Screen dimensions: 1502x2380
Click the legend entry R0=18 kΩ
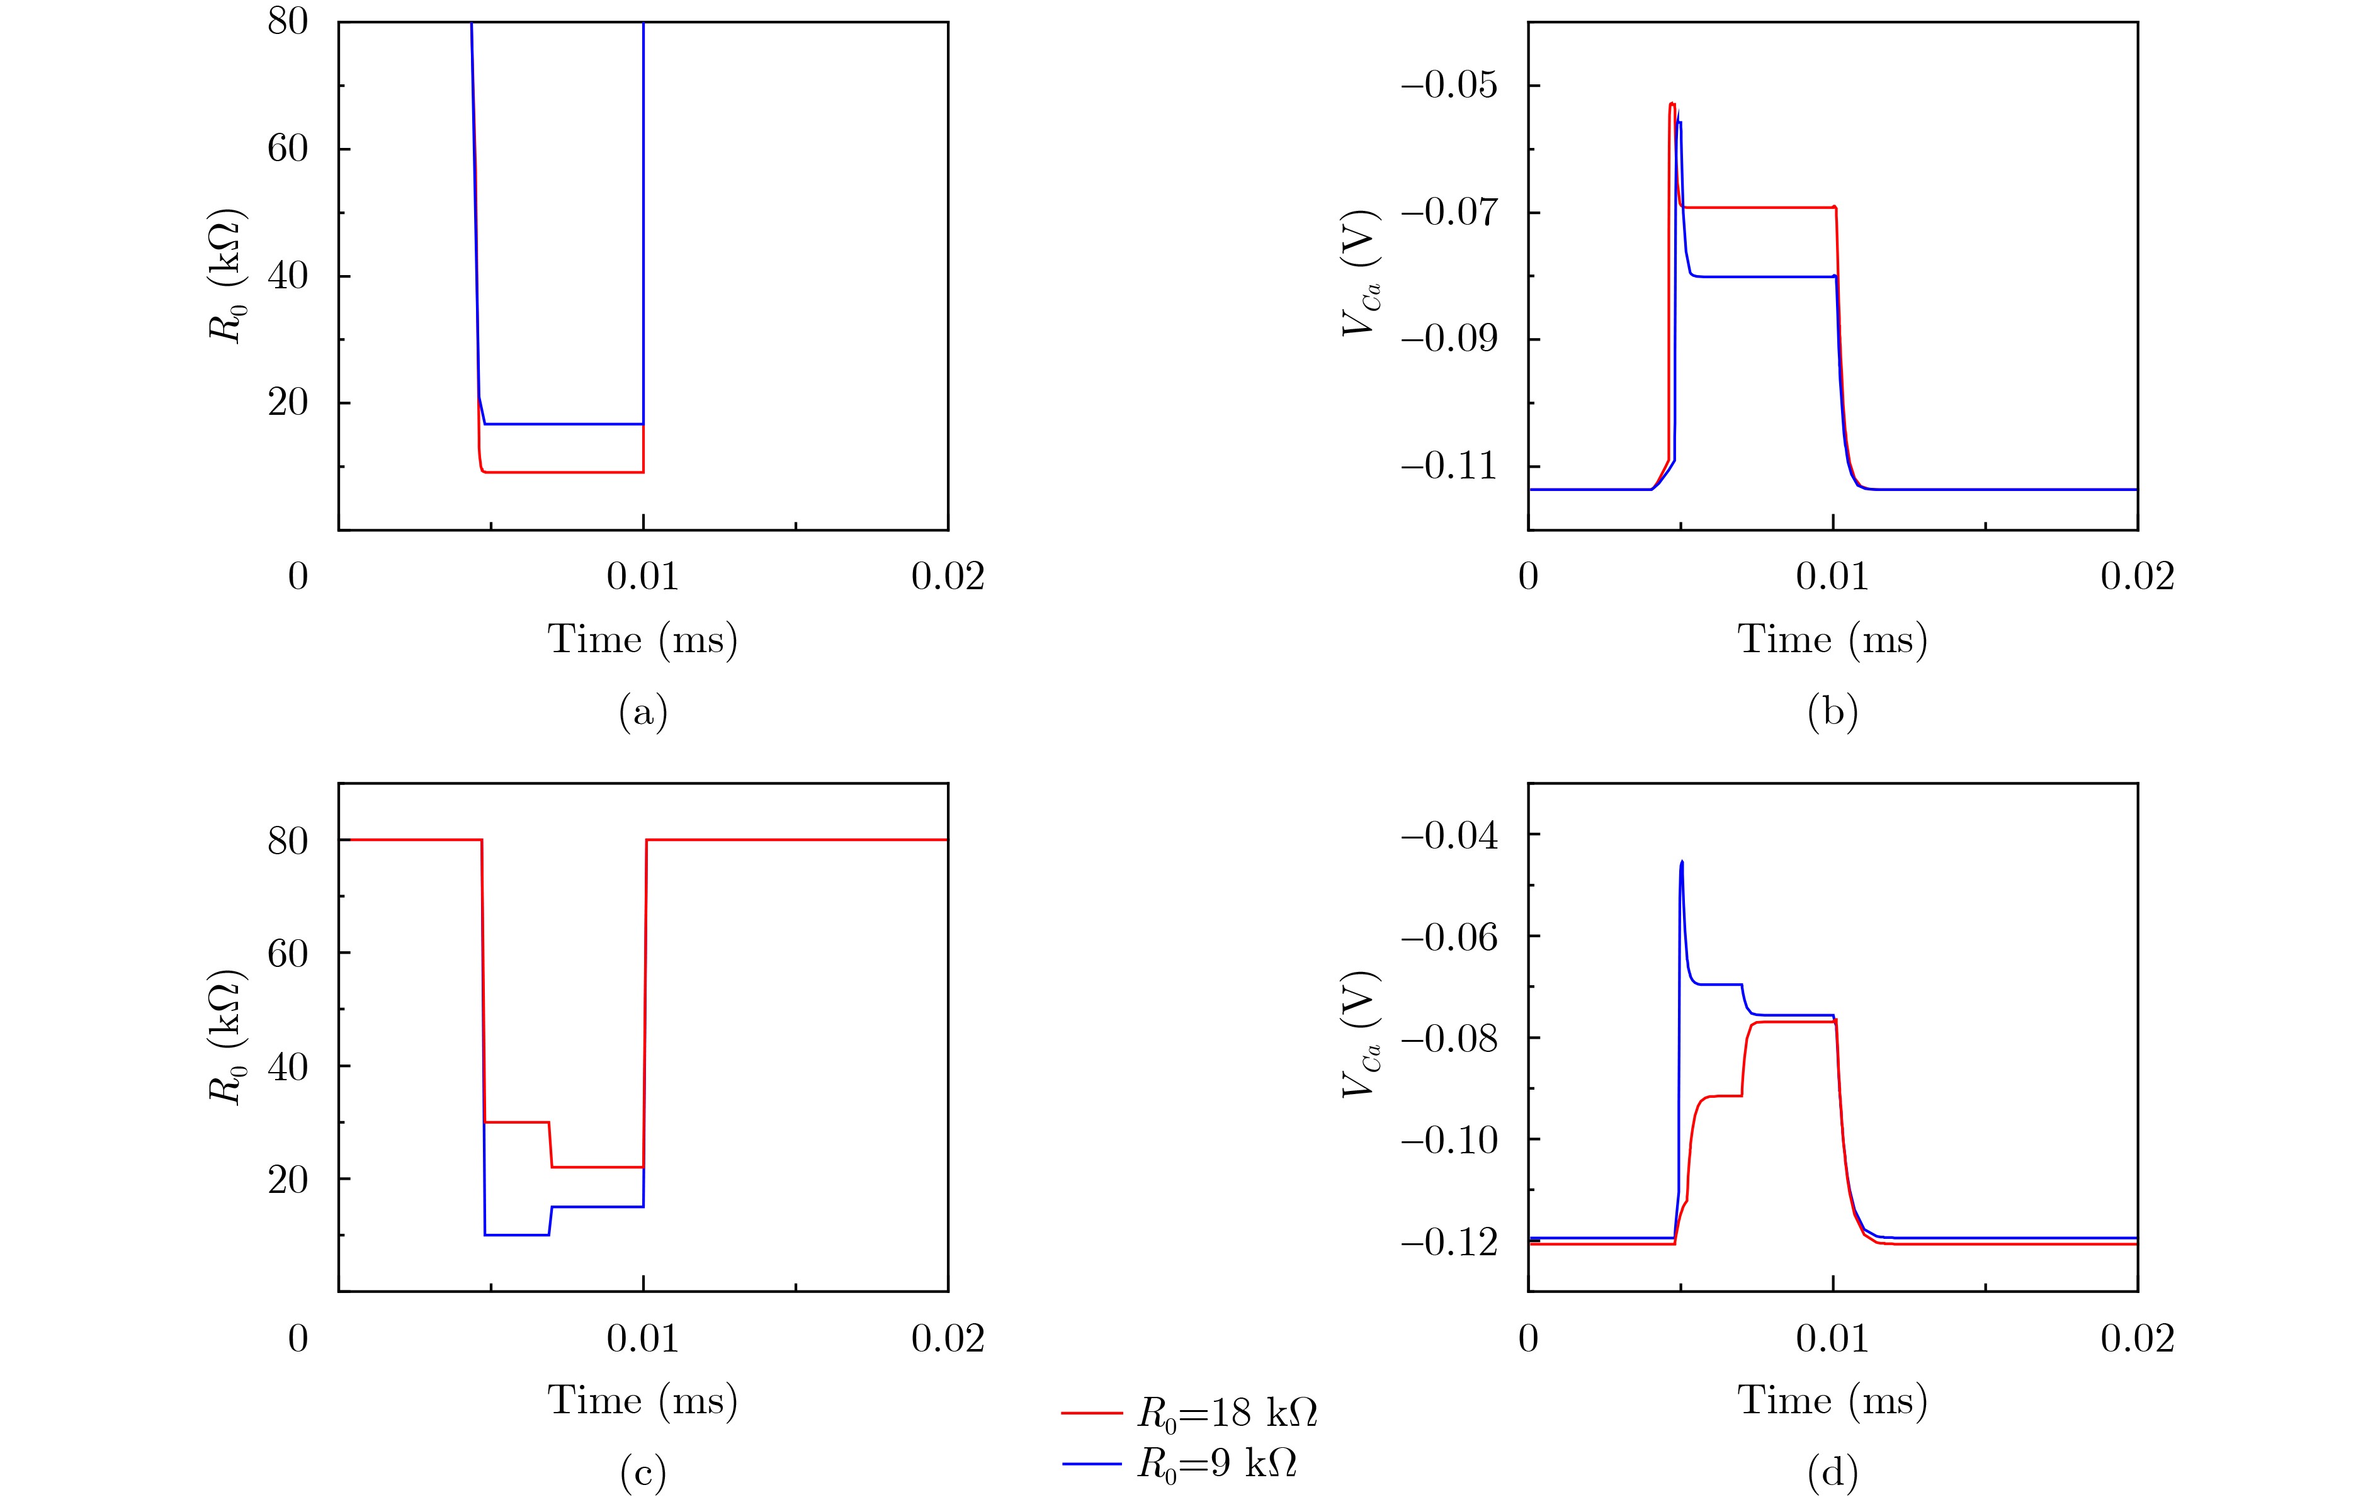[x=1226, y=1414]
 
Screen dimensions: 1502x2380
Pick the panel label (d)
[x=1832, y=1473]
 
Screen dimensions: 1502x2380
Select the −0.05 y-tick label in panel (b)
[x=1449, y=85]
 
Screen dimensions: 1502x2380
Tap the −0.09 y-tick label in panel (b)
[x=1449, y=339]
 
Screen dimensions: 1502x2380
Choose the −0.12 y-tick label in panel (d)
[x=1449, y=1242]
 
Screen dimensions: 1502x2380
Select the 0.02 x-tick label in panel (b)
[x=2138, y=576]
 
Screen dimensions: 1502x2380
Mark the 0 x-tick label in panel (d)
[x=1528, y=1339]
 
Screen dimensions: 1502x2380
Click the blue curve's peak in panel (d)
[x=1681, y=862]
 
